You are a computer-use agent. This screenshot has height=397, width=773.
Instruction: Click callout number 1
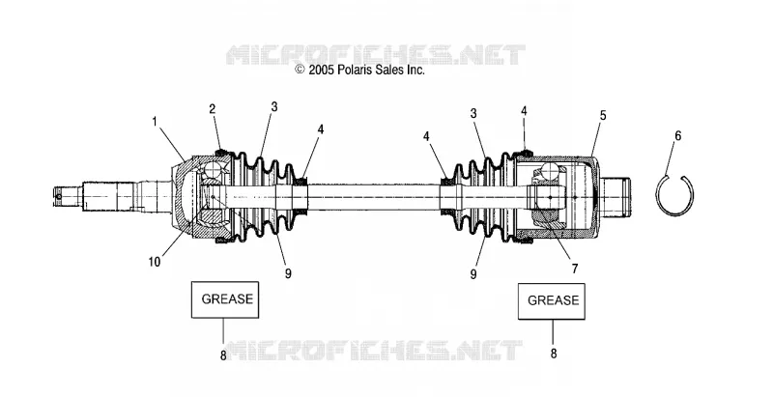click(155, 121)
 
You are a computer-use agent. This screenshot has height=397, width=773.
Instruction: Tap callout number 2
click(213, 109)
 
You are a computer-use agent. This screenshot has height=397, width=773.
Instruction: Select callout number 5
click(603, 115)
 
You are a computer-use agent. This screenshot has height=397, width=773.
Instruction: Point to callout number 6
click(678, 135)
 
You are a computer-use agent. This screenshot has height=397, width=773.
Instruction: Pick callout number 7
click(575, 269)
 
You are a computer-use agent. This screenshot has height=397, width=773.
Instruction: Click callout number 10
click(155, 262)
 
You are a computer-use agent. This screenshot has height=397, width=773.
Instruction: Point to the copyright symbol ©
click(300, 70)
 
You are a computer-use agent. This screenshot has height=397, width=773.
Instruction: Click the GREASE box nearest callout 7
click(552, 301)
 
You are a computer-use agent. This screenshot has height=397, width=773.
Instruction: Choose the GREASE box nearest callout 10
click(225, 299)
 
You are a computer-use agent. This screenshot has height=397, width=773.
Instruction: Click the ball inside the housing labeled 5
click(550, 172)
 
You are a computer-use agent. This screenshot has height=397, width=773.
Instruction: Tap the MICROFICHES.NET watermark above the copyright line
click(376, 55)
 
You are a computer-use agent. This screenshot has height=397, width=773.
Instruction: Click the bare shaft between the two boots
click(374, 197)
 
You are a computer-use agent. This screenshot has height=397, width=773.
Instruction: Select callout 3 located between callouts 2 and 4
click(274, 107)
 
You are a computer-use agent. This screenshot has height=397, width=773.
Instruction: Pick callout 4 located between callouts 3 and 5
click(524, 111)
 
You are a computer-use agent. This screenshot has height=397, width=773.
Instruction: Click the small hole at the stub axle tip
click(59, 196)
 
